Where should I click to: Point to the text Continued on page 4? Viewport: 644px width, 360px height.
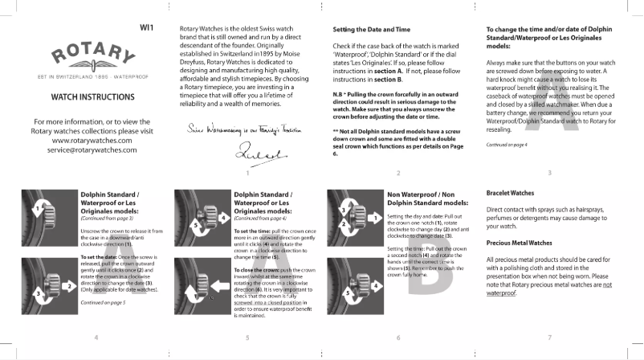click(x=507, y=144)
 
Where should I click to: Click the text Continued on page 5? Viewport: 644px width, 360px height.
click(x=102, y=302)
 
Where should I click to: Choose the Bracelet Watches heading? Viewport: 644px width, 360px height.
click(x=511, y=194)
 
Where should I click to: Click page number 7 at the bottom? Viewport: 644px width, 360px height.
click(x=548, y=337)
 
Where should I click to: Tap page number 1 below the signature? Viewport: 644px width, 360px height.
click(x=247, y=172)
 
